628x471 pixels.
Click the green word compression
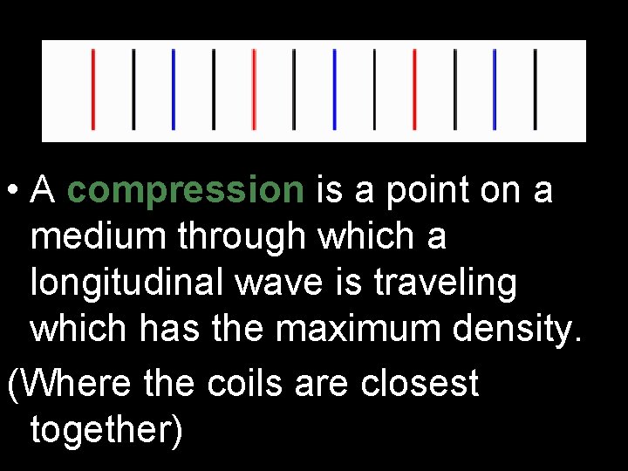185,191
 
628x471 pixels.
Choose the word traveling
450,283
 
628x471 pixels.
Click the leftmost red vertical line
93,89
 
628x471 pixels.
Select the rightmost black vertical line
535,89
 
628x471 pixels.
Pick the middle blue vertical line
334,89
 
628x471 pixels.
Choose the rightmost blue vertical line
495,89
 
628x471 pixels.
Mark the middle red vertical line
254,89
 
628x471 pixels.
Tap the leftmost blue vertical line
174,89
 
